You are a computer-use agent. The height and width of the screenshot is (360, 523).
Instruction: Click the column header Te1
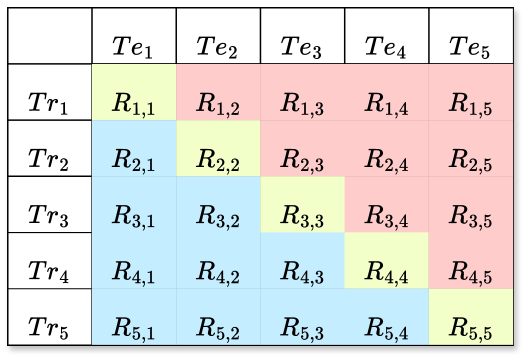(133, 45)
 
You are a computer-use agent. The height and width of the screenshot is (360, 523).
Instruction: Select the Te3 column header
(302, 45)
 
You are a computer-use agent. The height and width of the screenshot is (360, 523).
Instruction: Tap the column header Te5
(471, 45)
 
